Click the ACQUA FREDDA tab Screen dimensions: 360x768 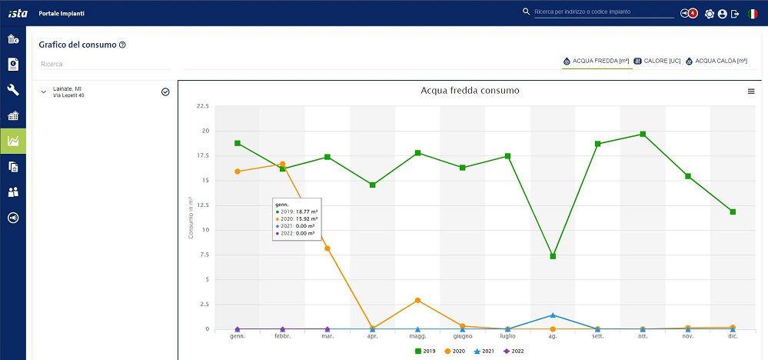coord(597,61)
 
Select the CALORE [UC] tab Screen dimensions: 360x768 coord(657,61)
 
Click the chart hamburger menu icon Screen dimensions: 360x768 coord(751,92)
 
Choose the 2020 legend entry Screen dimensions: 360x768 coord(456,352)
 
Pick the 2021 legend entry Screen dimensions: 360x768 coord(484,352)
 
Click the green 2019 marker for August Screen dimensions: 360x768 coord(553,256)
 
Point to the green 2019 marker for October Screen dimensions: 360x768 coord(643,135)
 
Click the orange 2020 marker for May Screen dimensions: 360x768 coord(417,300)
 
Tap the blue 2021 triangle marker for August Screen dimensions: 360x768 coord(553,315)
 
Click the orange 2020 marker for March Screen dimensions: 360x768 coord(327,248)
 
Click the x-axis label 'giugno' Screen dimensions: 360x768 coord(462,337)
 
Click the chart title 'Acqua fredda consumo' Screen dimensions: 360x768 coord(470,91)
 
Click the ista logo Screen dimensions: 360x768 coord(17,12)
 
